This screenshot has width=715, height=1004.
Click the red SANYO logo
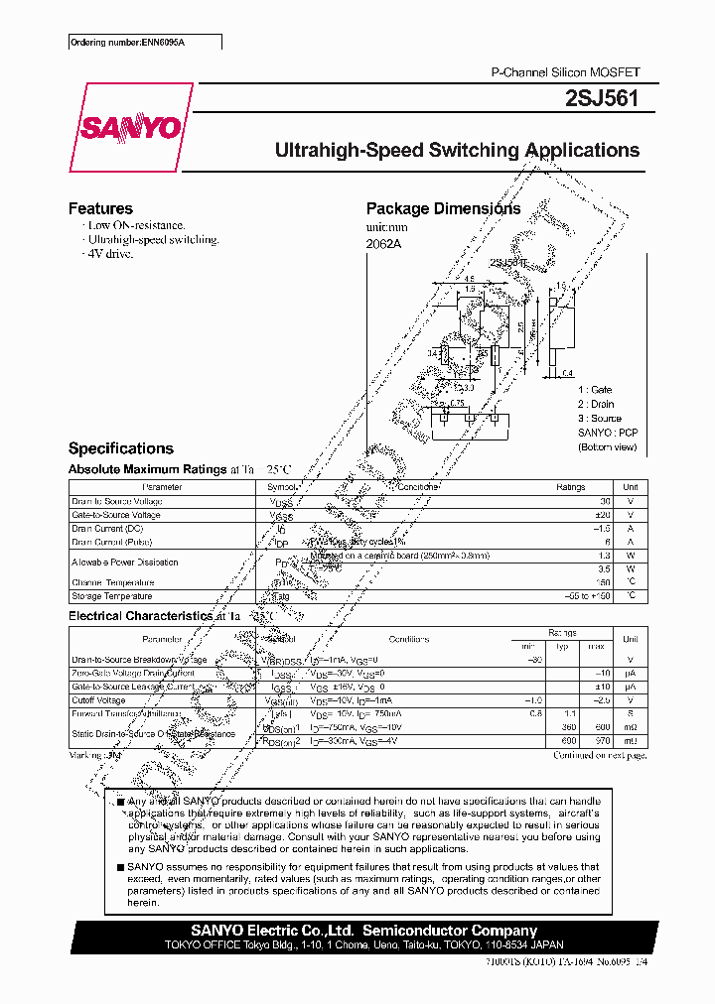click(x=129, y=127)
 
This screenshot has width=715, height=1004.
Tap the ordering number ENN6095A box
click(x=145, y=43)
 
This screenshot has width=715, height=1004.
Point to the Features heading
click(x=100, y=208)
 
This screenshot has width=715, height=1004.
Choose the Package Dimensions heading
click(x=443, y=208)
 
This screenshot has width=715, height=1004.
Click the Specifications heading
click(x=120, y=448)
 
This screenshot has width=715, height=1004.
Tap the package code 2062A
click(x=381, y=242)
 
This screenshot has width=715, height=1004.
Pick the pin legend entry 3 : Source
click(x=600, y=419)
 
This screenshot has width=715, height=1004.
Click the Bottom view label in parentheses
click(x=608, y=447)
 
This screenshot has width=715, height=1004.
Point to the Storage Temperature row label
click(x=112, y=596)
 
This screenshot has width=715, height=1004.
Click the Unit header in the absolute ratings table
click(x=630, y=487)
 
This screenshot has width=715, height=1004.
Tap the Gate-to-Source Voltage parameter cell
click(x=116, y=516)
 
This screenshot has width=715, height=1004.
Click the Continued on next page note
click(x=599, y=756)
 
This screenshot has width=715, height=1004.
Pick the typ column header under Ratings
click(x=562, y=646)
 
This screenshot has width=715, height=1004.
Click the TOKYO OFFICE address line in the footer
click(x=363, y=946)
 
